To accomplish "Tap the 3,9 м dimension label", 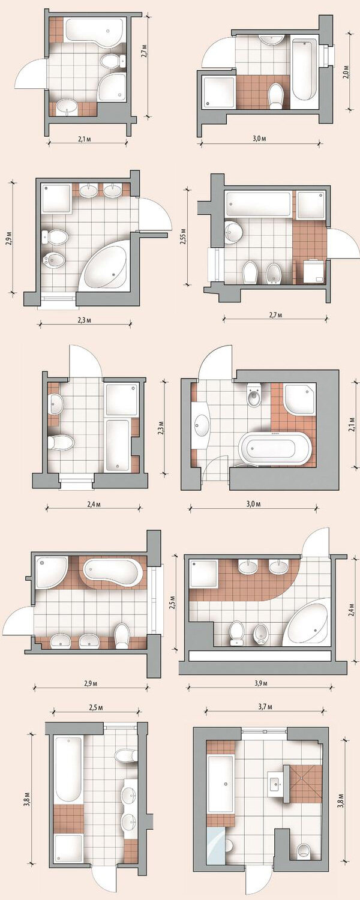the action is tap(261, 683).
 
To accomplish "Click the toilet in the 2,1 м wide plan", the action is tap(110, 61).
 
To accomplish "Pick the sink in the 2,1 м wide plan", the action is tap(66, 107).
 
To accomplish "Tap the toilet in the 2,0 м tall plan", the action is tap(275, 97).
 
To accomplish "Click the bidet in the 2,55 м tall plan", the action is tap(274, 273).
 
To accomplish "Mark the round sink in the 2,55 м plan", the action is tap(233, 233).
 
